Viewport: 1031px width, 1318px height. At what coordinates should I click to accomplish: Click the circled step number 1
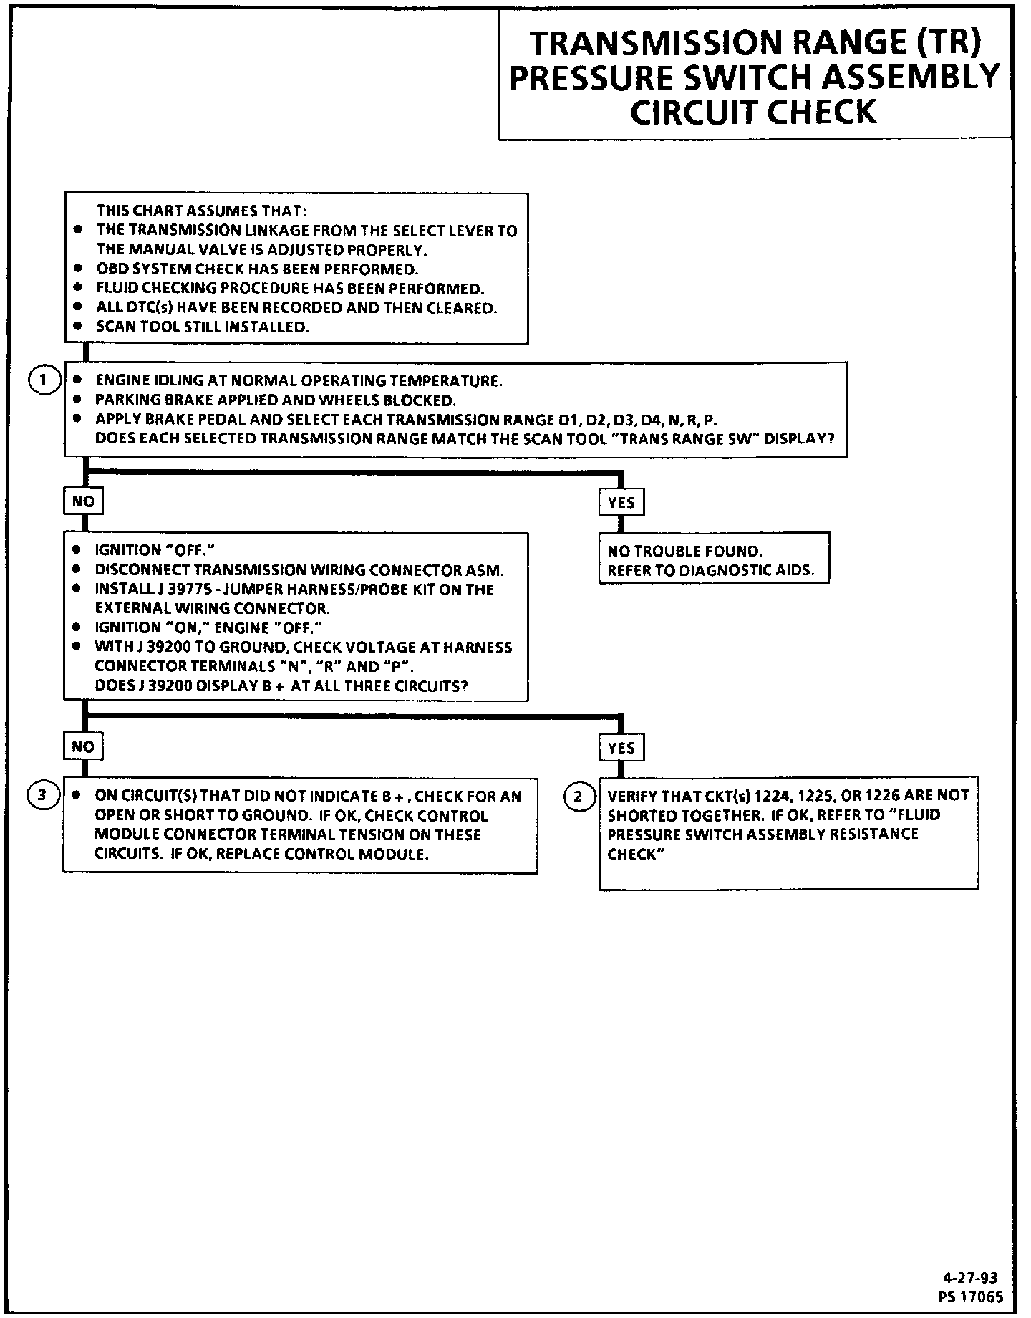(x=43, y=380)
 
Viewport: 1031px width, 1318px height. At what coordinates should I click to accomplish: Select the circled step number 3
(x=43, y=794)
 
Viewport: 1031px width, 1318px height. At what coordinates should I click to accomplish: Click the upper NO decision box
(x=83, y=501)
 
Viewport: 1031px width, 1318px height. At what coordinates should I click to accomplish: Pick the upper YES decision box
(x=621, y=502)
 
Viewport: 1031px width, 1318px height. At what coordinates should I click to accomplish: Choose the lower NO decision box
(x=83, y=746)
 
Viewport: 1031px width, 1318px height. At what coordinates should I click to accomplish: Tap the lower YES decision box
(x=621, y=747)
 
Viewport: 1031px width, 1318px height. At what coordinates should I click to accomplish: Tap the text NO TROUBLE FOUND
(x=685, y=551)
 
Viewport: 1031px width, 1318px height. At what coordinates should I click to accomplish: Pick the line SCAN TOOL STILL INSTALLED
(x=203, y=327)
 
